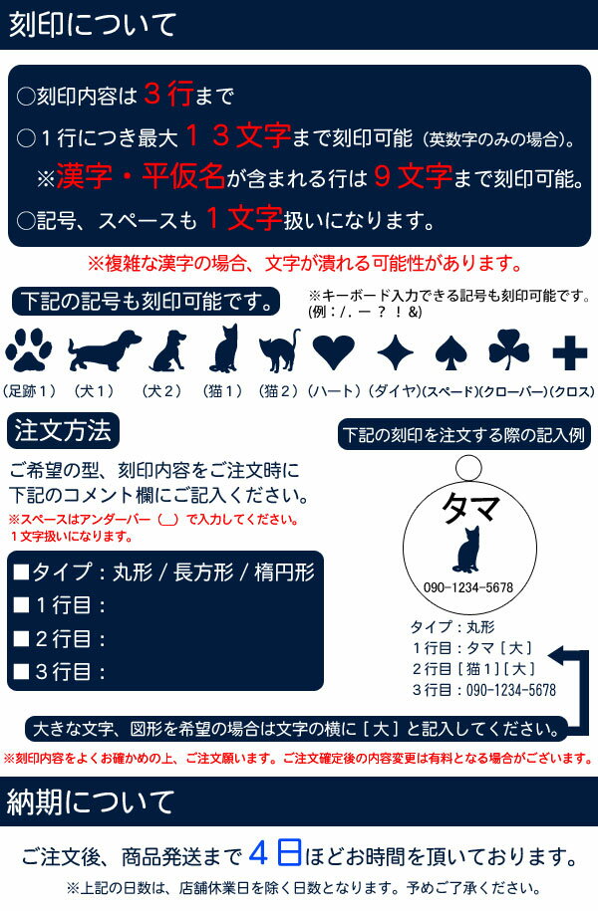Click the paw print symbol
28,349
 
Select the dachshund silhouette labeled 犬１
104,349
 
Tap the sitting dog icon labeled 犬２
168,350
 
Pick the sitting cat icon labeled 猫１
225,348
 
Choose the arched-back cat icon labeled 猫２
279,350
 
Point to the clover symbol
509,349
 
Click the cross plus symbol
569,352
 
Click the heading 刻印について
93,25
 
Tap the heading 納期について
90,801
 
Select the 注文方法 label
63,430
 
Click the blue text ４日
276,853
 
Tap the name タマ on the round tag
470,509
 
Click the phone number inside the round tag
468,588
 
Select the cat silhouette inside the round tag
466,550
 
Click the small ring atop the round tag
468,468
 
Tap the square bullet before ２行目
22,639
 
